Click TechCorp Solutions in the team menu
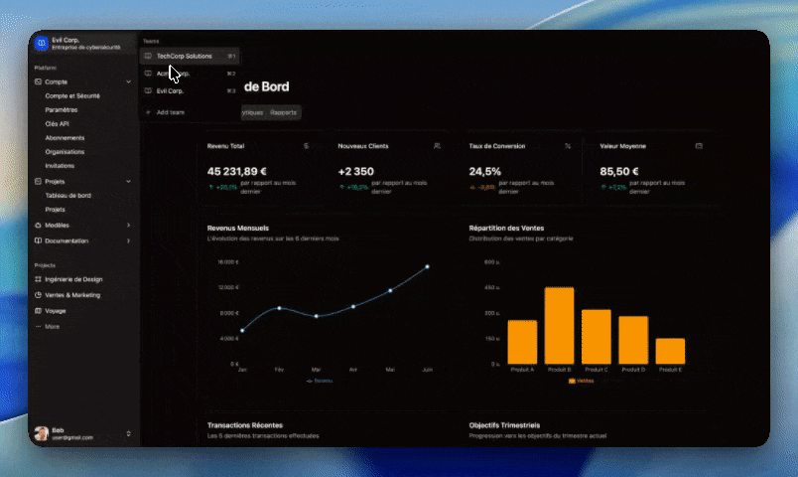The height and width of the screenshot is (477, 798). click(x=184, y=57)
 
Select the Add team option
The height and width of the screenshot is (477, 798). click(x=170, y=112)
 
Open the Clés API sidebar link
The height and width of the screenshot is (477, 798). click(x=57, y=123)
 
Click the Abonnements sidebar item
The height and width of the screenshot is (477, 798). click(x=65, y=137)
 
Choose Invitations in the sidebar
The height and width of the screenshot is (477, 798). click(x=60, y=166)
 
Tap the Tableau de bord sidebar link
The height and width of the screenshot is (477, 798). click(x=68, y=196)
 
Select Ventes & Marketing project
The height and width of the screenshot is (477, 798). click(x=72, y=295)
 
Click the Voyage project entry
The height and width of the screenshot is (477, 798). click(x=56, y=311)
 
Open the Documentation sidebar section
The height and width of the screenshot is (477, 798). click(x=66, y=240)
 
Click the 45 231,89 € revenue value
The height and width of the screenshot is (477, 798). click(x=237, y=170)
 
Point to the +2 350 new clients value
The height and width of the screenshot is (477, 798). click(x=356, y=170)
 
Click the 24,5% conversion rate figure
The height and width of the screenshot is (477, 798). click(x=484, y=170)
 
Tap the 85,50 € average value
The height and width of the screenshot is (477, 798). click(x=618, y=170)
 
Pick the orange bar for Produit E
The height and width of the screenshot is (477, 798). click(x=670, y=351)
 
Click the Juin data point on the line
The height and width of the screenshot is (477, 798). click(x=428, y=266)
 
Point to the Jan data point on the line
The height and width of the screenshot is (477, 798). click(x=242, y=331)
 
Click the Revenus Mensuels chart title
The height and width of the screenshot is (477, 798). click(x=237, y=228)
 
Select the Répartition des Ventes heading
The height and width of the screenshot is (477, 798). click(x=506, y=228)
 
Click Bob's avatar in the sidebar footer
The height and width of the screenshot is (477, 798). click(x=41, y=433)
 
